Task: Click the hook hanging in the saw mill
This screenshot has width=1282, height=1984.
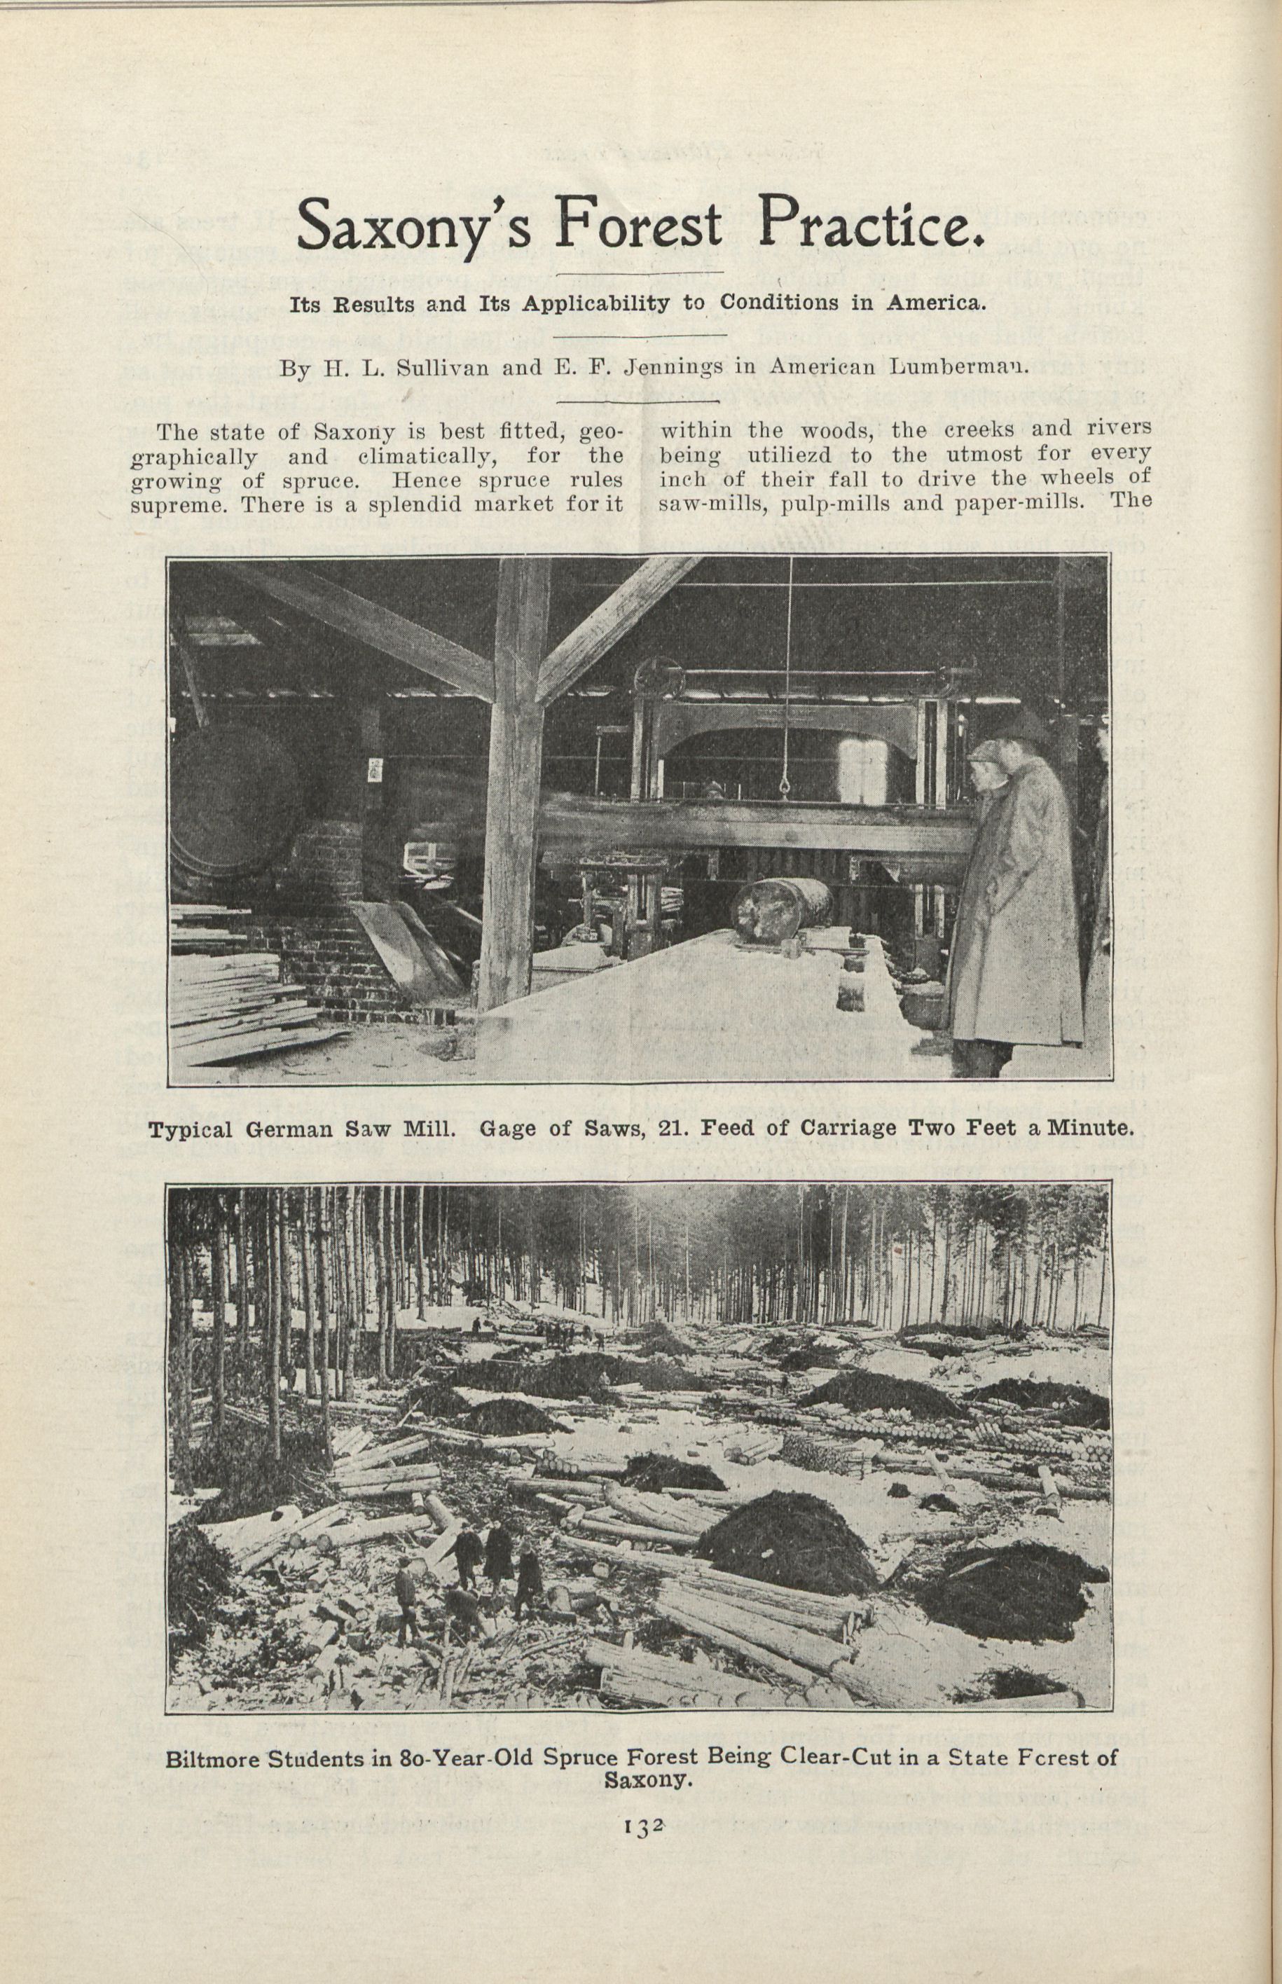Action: pos(785,781)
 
